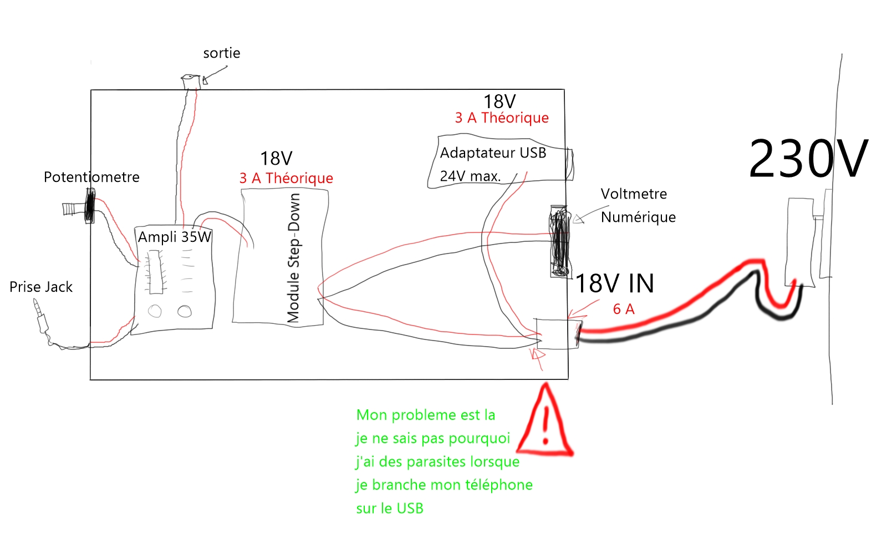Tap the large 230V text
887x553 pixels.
[808, 160]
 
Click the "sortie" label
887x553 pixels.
[222, 53]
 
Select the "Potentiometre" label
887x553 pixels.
[91, 177]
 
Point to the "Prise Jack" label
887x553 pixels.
[41, 287]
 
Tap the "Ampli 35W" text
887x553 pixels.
[174, 237]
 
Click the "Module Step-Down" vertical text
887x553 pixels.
[294, 258]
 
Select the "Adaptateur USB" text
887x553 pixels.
[493, 153]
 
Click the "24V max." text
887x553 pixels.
[470, 176]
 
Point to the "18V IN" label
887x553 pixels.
[615, 284]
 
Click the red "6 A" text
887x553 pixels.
[624, 310]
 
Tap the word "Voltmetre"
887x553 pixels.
[634, 194]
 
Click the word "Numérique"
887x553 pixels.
[638, 217]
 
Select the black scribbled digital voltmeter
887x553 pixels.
[560, 241]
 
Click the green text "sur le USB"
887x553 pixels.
[390, 509]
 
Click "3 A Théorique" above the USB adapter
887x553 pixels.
[502, 118]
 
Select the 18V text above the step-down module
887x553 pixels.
[276, 159]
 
